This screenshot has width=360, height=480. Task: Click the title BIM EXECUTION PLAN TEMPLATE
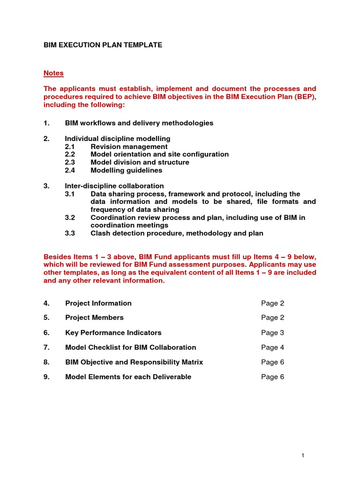(103, 45)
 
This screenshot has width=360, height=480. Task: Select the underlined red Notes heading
(53, 73)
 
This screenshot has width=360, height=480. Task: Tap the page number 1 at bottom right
(303, 455)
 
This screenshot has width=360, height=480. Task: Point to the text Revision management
(129, 147)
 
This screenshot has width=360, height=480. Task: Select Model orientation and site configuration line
(159, 154)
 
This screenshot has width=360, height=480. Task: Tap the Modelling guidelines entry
(126, 170)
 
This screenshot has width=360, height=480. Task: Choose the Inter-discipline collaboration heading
(114, 186)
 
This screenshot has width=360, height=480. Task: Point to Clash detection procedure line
(177, 233)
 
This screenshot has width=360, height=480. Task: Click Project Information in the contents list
(98, 303)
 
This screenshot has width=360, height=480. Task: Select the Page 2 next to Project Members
(272, 317)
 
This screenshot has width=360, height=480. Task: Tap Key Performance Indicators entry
(113, 332)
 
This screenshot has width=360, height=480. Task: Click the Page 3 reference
(272, 332)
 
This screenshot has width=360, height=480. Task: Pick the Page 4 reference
(272, 347)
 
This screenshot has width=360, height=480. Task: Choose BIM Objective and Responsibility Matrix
(134, 362)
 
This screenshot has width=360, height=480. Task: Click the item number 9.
(46, 377)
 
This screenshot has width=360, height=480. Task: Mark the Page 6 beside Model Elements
(272, 377)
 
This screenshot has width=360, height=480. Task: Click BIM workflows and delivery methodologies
(139, 123)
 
